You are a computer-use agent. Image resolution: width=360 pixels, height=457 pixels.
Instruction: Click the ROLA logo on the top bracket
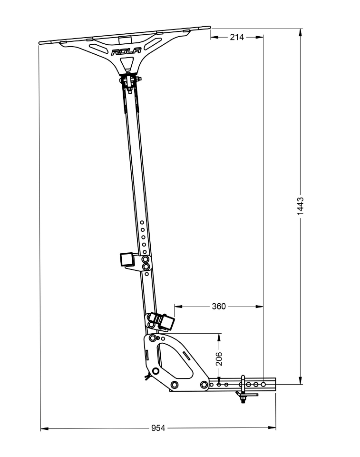[126, 52]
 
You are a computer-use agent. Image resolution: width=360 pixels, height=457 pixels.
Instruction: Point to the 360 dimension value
[218, 306]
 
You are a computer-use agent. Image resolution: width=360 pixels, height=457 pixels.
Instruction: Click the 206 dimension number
[219, 358]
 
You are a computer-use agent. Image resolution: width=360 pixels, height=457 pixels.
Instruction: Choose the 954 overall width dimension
[158, 428]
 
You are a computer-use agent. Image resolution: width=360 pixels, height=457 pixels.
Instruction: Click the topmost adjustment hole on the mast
[142, 222]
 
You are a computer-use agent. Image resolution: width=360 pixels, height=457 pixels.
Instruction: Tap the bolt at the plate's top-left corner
[152, 338]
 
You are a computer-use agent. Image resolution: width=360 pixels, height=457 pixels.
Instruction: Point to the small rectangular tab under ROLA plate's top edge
[125, 39]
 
